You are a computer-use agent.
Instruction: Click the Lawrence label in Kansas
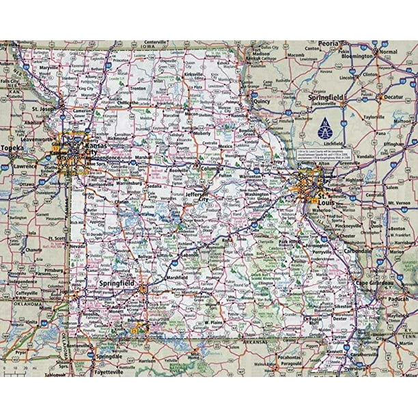point(25,166)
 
